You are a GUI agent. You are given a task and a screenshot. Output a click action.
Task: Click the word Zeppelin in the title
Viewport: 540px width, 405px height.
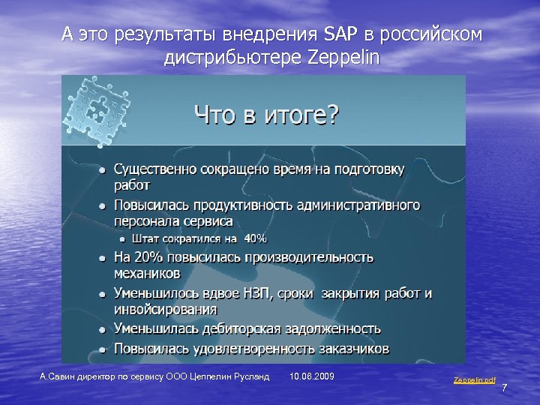[344, 58]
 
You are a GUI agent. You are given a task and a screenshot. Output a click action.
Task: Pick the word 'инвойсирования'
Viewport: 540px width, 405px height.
[166, 308]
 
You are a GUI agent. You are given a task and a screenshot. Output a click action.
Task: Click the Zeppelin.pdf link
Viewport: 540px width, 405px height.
[474, 381]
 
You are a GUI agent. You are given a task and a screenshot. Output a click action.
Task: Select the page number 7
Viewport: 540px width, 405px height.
[505, 388]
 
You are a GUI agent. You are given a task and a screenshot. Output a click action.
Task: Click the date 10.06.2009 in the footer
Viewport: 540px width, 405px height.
[311, 375]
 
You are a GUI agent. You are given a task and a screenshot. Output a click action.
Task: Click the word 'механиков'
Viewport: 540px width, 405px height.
[147, 272]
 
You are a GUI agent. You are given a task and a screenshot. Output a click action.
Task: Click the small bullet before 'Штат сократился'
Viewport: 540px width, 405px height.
[124, 239]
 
